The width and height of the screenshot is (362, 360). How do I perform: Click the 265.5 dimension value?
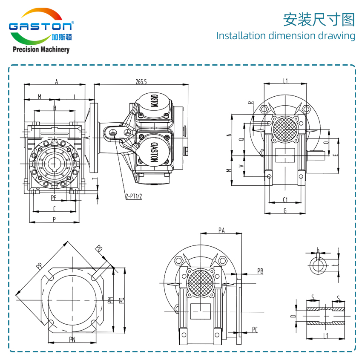tap(141, 82)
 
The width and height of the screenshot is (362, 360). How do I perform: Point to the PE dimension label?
tap(54, 198)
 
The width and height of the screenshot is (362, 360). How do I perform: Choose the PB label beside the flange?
tap(260, 271)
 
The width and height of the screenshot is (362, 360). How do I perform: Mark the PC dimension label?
tap(255, 330)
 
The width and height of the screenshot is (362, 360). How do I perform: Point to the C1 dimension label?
tap(285, 199)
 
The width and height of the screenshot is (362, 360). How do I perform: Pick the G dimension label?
tap(285, 210)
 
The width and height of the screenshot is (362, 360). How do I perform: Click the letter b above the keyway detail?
tap(318, 250)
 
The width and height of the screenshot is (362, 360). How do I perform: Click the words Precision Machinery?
tap(41, 50)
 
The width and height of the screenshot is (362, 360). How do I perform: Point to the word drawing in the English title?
tap(336, 35)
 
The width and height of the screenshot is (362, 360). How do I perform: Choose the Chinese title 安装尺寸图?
tap(319, 19)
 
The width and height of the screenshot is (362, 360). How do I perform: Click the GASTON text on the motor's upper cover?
tap(154, 101)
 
